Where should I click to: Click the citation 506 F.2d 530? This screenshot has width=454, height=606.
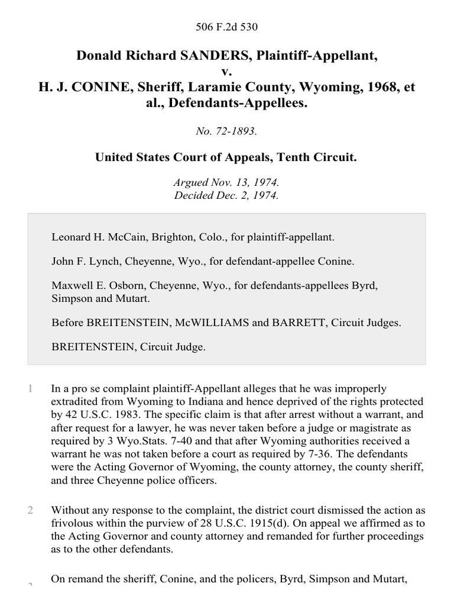[227, 27]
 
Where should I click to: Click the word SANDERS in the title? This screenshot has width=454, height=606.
[203, 56]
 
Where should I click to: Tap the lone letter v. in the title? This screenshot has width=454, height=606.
[227, 72]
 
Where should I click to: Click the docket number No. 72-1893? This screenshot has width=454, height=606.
[227, 131]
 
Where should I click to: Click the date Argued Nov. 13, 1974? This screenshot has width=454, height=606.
[227, 183]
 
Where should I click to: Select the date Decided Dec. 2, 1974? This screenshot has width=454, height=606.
[227, 195]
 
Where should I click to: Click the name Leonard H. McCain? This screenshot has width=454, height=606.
[93, 237]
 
